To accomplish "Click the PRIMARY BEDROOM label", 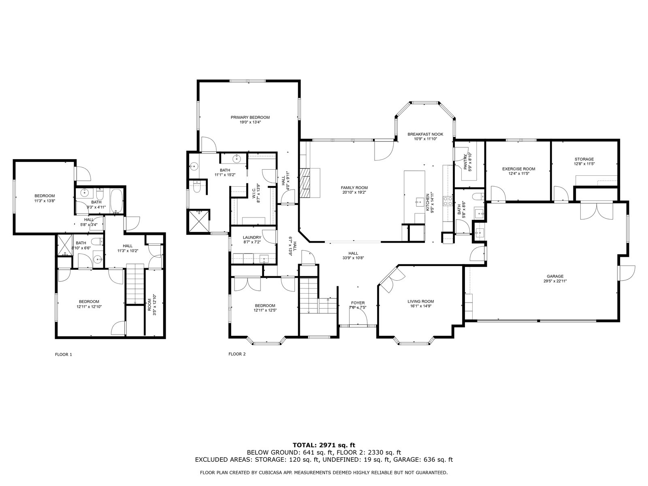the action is (250, 117).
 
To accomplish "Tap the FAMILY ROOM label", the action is (354, 188).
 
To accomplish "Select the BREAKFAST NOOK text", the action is (425, 134).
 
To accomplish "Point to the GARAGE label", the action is (555, 277).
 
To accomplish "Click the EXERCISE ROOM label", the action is (519, 169).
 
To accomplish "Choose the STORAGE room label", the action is (584, 159).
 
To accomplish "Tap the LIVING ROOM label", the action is (421, 302).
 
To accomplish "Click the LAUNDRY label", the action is (252, 238).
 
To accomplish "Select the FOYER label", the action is (358, 303).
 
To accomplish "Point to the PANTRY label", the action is (465, 162).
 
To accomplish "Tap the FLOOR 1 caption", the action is (64, 355).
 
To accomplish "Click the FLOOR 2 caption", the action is (237, 354).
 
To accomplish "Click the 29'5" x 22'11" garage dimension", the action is (555, 281).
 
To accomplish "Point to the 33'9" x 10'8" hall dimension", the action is (353, 258).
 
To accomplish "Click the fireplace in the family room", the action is (305, 183).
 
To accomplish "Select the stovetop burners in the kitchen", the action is (448, 201).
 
